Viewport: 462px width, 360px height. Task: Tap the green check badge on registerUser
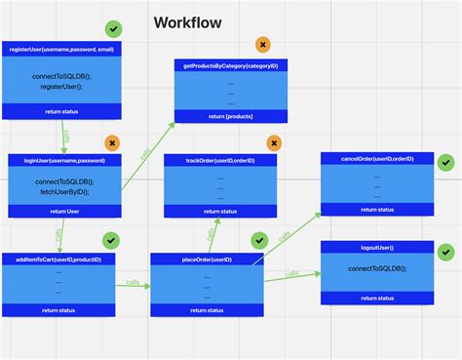115,30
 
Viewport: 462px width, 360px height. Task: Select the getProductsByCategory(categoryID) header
230,65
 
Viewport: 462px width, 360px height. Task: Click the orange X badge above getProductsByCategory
262,45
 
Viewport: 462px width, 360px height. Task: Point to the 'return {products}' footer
230,116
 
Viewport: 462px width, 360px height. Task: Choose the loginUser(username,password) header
63,159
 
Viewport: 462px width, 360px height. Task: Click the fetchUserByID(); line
64,191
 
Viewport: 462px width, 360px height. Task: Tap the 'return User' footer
64,211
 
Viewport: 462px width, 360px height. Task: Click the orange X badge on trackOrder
275,143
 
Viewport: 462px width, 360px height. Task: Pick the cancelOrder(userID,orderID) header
378,157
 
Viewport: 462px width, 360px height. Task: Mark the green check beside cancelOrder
445,163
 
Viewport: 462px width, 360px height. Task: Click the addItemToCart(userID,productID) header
58,259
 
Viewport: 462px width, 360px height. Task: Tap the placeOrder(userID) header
207,259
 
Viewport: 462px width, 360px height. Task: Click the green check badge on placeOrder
259,240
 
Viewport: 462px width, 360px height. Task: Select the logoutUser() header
378,247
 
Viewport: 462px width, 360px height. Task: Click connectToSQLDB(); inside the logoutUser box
378,268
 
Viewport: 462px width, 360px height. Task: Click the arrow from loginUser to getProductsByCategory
148,156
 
